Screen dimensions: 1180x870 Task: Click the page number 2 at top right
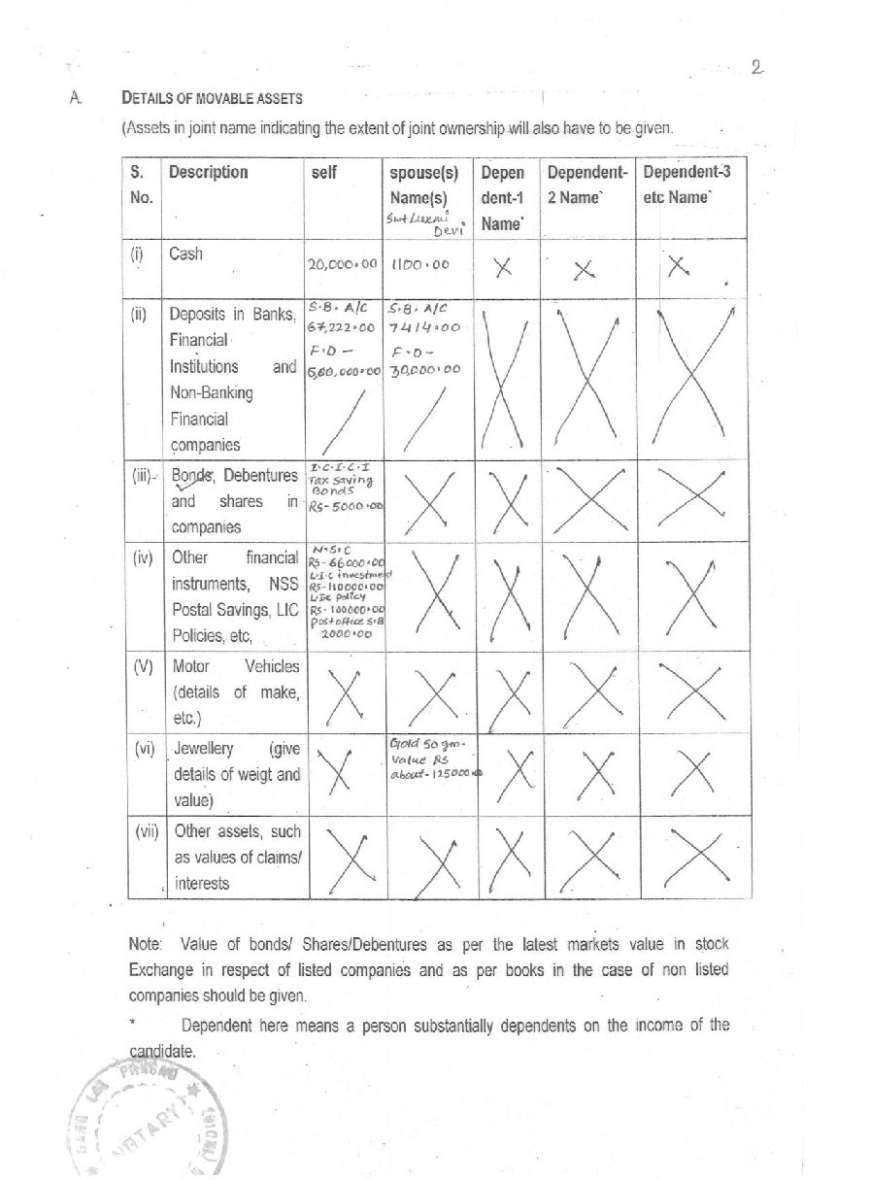coord(757,67)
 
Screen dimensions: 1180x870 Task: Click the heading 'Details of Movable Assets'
coord(212,98)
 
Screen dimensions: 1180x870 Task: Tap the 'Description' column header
coord(208,173)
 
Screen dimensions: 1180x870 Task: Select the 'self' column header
coord(322,173)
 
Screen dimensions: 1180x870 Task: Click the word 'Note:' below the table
coord(147,943)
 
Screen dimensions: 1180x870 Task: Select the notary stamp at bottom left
coord(146,1117)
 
